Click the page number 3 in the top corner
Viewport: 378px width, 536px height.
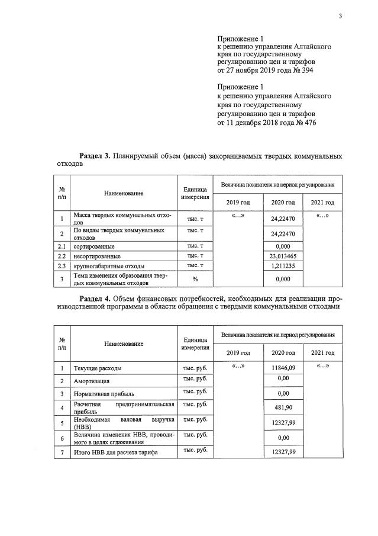[x=341, y=16]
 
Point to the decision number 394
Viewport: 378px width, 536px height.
[x=306, y=70]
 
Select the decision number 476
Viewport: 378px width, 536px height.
[x=306, y=123]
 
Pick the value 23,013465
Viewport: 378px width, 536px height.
[x=283, y=256]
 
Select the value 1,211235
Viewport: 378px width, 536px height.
[x=283, y=266]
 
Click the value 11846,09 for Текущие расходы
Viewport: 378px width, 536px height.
[x=283, y=368]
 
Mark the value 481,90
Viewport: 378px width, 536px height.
[x=283, y=408]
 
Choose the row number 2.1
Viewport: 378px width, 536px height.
[x=62, y=246]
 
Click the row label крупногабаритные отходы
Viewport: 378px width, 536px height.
[x=108, y=266]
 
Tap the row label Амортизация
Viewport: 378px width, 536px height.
[x=91, y=381]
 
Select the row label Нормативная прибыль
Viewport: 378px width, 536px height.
[x=104, y=394]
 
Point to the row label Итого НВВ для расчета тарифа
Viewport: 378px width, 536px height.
[x=116, y=453]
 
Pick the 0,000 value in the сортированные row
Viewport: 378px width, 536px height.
[x=283, y=246]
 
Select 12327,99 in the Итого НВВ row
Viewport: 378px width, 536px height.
[x=283, y=452]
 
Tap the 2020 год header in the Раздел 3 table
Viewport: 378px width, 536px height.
[x=283, y=203]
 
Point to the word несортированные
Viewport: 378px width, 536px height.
[x=97, y=256]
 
